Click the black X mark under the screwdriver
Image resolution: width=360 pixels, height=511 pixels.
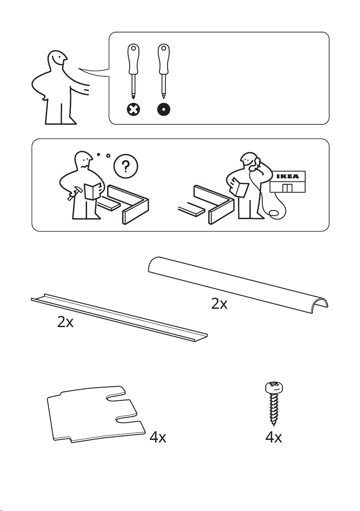[134, 109]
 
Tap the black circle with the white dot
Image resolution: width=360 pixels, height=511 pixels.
[164, 109]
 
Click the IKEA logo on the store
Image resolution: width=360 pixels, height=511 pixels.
[288, 176]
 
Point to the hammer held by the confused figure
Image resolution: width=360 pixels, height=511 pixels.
[74, 193]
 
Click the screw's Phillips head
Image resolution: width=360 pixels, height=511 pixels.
[274, 387]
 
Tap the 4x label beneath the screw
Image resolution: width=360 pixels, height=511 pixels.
[274, 437]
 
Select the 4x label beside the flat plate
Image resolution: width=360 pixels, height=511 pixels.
[158, 437]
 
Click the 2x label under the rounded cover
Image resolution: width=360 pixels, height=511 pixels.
[219, 304]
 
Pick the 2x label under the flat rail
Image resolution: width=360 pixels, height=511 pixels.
[65, 322]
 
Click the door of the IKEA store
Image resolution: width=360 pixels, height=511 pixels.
[287, 188]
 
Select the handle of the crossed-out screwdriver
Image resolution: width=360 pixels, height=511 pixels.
[133, 59]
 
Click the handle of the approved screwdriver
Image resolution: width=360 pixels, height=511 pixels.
[164, 59]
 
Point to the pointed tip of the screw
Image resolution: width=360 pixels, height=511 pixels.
[274, 424]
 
